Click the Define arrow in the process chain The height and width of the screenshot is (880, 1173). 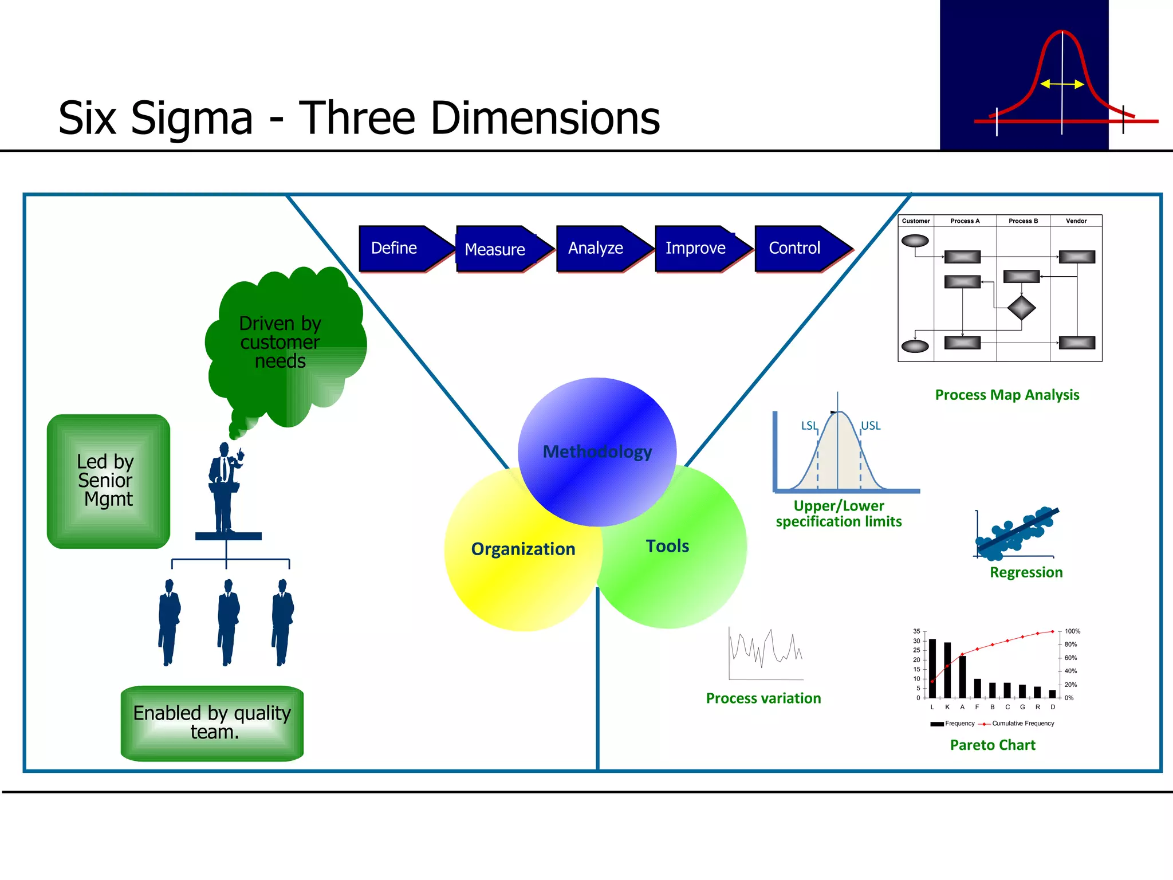click(x=401, y=248)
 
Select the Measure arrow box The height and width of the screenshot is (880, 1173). click(x=498, y=249)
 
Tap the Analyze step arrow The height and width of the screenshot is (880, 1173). click(x=599, y=248)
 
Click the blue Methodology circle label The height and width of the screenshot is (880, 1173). click(x=597, y=451)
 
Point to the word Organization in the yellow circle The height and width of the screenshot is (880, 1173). click(x=523, y=549)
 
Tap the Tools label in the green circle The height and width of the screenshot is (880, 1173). click(x=667, y=546)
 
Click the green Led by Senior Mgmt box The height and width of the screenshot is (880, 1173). click(x=108, y=481)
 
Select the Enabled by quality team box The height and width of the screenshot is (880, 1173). click(x=212, y=723)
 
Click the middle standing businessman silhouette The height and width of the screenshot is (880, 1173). click(x=228, y=622)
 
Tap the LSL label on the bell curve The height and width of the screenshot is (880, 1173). click(x=809, y=426)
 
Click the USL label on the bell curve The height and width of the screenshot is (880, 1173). click(x=871, y=426)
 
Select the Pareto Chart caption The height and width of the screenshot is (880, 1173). click(x=993, y=745)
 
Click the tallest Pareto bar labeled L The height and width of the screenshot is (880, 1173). click(x=932, y=667)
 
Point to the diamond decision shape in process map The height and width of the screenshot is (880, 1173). click(x=1021, y=308)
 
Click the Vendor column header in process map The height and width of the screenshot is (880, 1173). click(x=1076, y=221)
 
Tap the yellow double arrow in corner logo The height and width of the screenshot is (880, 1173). click(x=1062, y=84)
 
